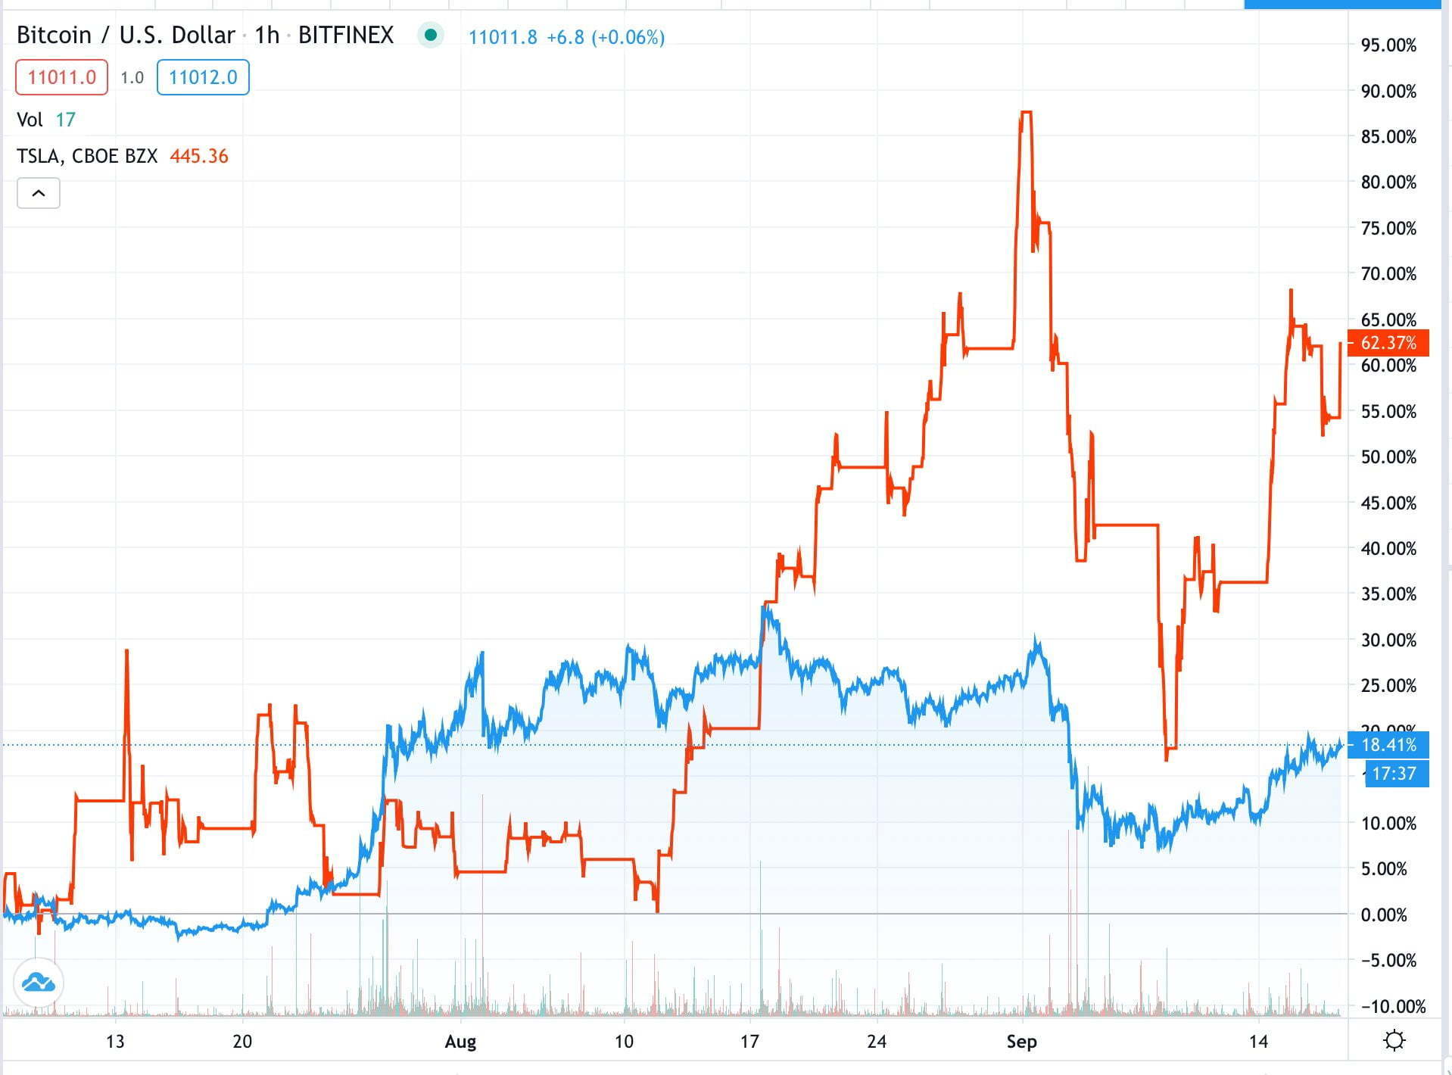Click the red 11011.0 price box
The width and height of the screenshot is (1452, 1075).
(61, 77)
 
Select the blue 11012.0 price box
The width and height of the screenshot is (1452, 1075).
(203, 77)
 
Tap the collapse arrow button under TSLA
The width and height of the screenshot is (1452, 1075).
(39, 193)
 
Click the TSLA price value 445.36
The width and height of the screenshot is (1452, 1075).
(199, 156)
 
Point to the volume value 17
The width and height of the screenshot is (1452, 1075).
(66, 120)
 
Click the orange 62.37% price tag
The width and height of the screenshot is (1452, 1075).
(1388, 343)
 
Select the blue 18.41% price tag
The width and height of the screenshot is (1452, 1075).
(1388, 745)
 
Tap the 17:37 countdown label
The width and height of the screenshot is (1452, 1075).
(1394, 773)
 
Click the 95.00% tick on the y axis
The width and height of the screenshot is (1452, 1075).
(1388, 45)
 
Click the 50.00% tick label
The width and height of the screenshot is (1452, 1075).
(1388, 457)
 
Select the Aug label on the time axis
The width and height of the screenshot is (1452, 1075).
(460, 1042)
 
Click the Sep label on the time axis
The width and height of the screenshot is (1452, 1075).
(1021, 1042)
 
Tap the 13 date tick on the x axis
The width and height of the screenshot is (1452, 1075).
(115, 1042)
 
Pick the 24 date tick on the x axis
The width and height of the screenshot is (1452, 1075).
(877, 1042)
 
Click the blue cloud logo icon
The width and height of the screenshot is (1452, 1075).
(38, 983)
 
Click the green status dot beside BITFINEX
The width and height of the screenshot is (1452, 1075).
(431, 35)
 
